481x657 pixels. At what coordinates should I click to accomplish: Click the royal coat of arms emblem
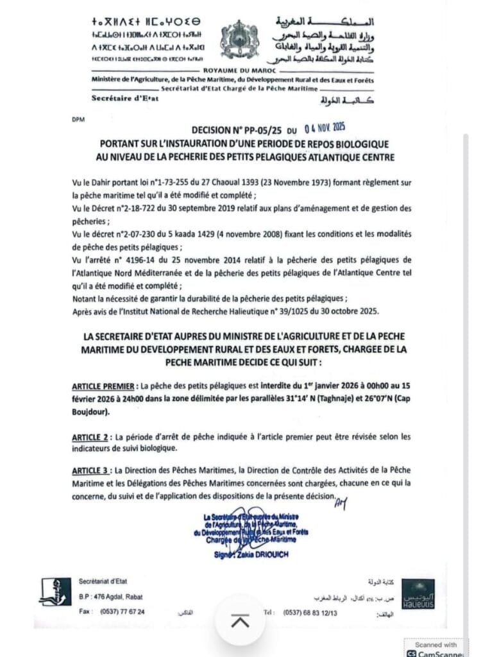(x=239, y=40)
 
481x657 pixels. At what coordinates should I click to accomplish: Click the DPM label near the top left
(x=78, y=119)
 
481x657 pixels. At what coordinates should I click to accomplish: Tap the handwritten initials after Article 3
(x=341, y=504)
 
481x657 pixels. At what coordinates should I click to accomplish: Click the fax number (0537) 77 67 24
(x=121, y=611)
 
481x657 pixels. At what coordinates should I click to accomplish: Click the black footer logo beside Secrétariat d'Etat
(x=56, y=592)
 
